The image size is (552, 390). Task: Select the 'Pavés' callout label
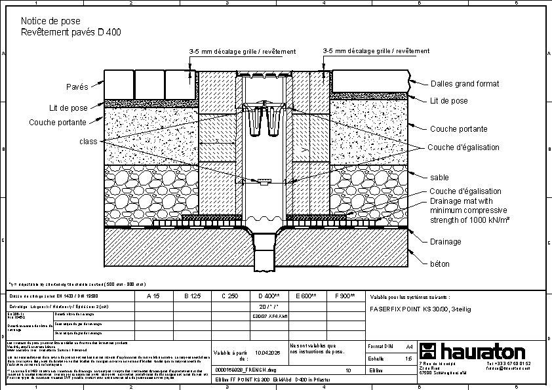click(77, 87)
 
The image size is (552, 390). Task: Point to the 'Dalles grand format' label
click(464, 84)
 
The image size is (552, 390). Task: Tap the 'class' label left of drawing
click(88, 142)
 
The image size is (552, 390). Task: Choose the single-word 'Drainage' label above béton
click(445, 242)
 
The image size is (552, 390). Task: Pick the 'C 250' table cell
click(229, 296)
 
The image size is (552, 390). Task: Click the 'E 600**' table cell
click(306, 296)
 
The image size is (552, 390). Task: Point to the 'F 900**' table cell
click(345, 296)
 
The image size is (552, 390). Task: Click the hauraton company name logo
click(481, 350)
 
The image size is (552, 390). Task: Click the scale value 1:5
click(409, 359)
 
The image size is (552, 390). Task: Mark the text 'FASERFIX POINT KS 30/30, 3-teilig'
click(420, 307)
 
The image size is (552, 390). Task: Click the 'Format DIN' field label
click(381, 346)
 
